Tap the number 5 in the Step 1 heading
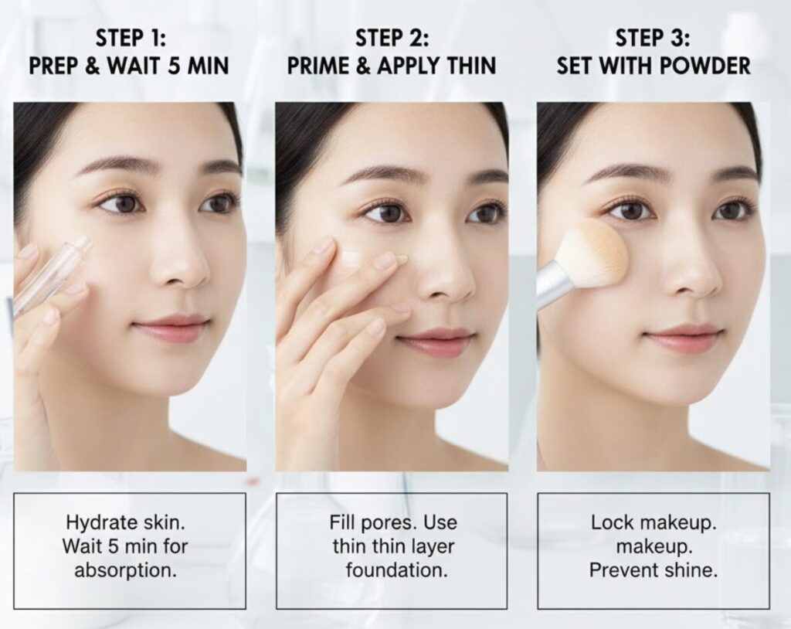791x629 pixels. [174, 66]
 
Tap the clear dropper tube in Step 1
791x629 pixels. [50, 277]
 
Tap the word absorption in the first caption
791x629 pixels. [126, 571]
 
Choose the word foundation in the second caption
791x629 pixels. [396, 570]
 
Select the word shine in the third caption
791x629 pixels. [691, 570]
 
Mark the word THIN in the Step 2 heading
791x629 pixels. [468, 66]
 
